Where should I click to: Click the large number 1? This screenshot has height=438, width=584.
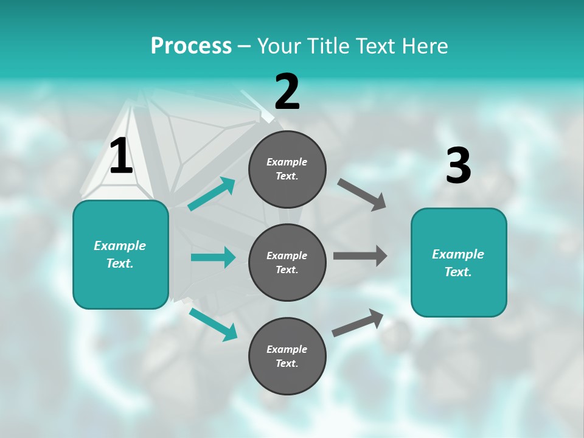click(122, 156)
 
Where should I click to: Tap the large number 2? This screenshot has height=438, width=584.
click(287, 92)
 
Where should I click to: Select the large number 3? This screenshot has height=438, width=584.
click(458, 166)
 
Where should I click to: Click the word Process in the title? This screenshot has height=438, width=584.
click(191, 46)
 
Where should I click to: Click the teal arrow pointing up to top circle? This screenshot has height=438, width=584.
click(212, 194)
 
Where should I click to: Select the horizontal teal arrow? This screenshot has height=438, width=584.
click(213, 257)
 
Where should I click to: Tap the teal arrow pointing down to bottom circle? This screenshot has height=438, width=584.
click(213, 324)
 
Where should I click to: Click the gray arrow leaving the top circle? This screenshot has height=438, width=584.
click(362, 195)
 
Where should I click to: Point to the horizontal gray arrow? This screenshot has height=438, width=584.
click(360, 256)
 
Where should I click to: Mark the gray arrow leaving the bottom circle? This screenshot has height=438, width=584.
click(358, 323)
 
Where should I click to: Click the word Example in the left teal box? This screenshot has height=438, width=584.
click(120, 246)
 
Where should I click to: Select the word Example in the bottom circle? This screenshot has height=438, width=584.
click(287, 349)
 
